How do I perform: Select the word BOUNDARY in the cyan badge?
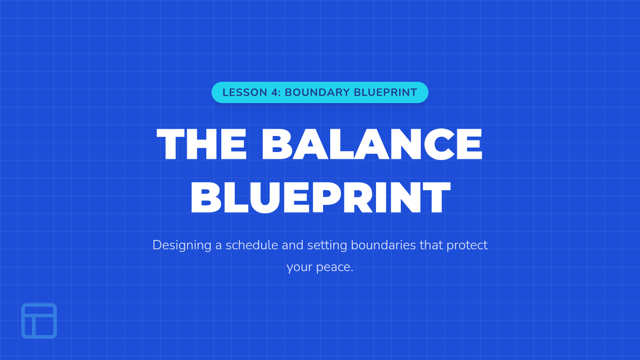[x=317, y=93]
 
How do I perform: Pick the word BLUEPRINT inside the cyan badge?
[x=386, y=93]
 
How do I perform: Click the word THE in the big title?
[x=202, y=143]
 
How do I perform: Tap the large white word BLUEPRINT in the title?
[x=321, y=197]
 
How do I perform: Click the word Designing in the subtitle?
[x=182, y=245]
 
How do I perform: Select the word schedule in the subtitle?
[x=252, y=245]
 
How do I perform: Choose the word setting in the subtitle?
[x=327, y=245]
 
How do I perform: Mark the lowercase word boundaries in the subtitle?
[x=383, y=245]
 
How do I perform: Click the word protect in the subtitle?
[x=467, y=246]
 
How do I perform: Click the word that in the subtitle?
[x=431, y=245]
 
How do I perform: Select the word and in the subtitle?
[x=293, y=245]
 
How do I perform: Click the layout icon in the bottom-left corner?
[x=39, y=321]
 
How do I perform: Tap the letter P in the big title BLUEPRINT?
[x=326, y=197]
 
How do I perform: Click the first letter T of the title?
[x=171, y=143]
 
